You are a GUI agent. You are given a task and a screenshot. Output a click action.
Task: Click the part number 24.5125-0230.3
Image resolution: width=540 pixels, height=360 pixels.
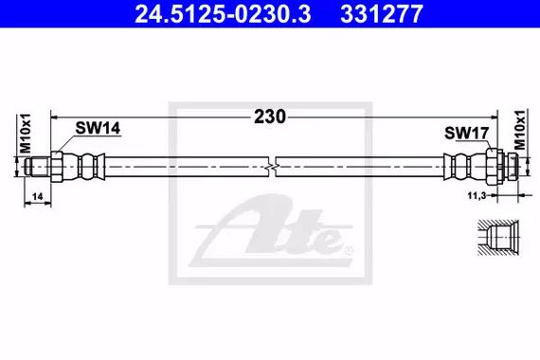tap(223, 14)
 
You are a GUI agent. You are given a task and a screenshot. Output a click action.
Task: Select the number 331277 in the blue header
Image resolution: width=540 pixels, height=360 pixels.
tap(382, 14)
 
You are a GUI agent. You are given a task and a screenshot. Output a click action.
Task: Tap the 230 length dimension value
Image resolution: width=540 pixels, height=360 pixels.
tap(270, 117)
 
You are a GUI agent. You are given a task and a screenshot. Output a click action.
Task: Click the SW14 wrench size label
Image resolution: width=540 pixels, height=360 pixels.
tap(98, 128)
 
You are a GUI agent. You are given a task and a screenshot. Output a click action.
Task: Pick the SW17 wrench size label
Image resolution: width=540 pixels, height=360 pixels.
tap(467, 133)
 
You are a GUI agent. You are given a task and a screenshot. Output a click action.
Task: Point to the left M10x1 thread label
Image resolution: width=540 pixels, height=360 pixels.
tap(26, 134)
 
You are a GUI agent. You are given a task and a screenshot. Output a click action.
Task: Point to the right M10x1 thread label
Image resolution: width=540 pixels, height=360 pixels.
tap(520, 130)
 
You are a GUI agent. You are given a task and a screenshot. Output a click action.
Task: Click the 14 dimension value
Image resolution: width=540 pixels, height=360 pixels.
tap(37, 196)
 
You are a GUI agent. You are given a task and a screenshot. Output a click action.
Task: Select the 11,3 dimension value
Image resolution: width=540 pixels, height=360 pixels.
tap(477, 196)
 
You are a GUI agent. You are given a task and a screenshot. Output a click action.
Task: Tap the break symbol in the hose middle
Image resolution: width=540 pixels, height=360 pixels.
tap(272, 167)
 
